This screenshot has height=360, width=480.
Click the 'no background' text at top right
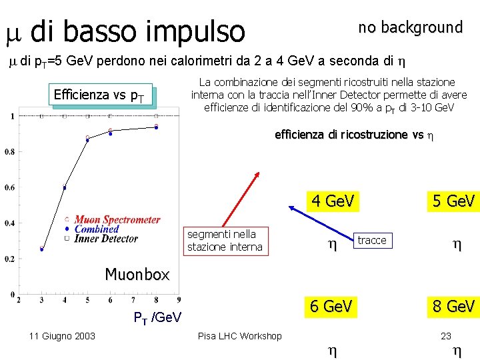point(410,27)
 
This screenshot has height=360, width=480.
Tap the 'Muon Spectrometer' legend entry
point(117,219)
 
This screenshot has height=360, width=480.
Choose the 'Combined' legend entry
point(97,229)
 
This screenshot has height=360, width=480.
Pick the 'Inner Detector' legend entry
point(106,238)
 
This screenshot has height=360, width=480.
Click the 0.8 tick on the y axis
point(9,152)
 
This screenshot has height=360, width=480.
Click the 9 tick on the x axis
point(179,301)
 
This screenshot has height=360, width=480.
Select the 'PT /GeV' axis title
point(158,317)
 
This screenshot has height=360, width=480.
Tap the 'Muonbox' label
point(137,274)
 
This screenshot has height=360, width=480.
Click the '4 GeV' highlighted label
point(332,201)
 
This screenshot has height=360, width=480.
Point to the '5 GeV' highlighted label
point(453,201)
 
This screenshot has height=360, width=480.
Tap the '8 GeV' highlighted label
point(453,306)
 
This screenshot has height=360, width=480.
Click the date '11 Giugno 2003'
point(62,336)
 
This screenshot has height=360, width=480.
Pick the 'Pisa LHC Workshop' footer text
point(240,336)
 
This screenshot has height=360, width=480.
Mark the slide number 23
point(446,336)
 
